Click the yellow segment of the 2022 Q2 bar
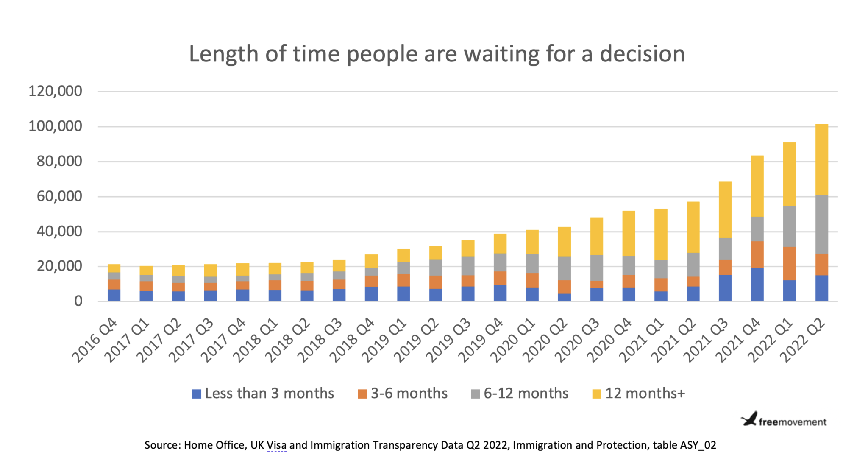[x=821, y=159]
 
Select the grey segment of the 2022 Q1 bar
[x=789, y=226]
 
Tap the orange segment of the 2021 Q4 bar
[x=757, y=254]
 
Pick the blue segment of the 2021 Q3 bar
[x=725, y=288]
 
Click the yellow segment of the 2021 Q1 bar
[x=661, y=234]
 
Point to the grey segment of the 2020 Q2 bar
[x=564, y=268]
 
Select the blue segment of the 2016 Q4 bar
[x=114, y=295]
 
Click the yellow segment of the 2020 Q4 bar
[x=629, y=233]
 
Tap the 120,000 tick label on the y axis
[x=55, y=91]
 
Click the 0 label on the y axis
[x=78, y=301]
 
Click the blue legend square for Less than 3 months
[x=196, y=394]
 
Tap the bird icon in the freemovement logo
[x=749, y=419]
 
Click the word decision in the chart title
[x=642, y=54]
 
